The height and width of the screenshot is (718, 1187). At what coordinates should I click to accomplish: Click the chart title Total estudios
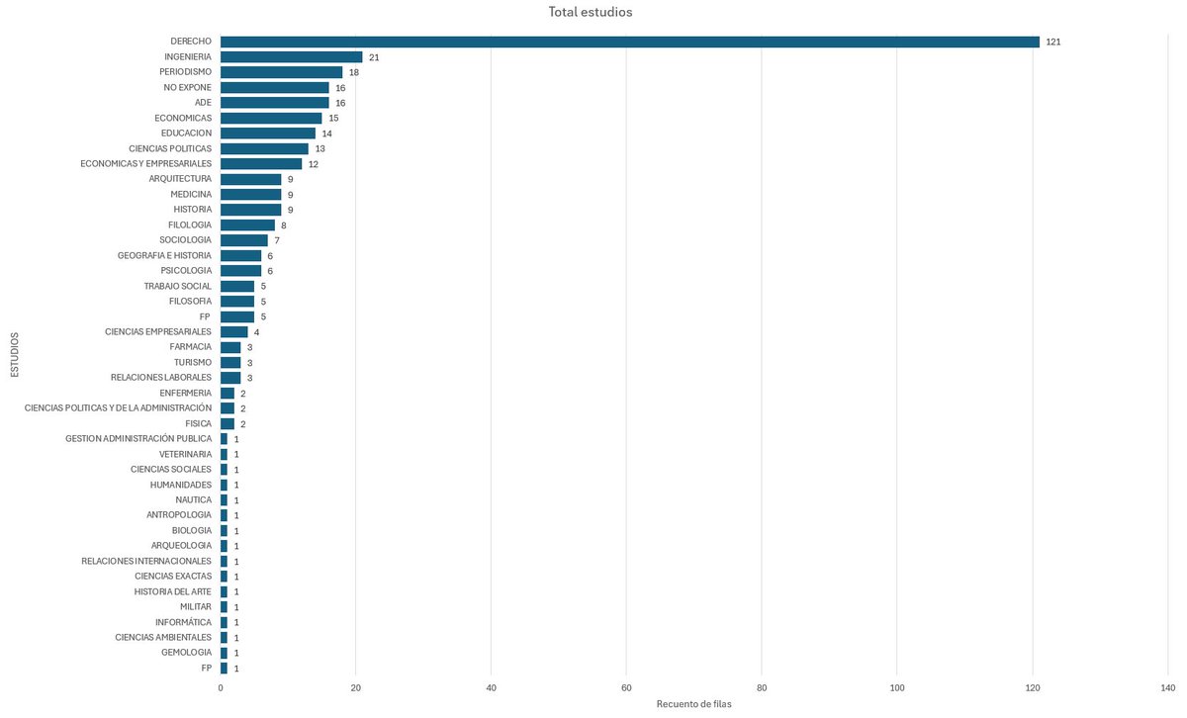pyautogui.click(x=591, y=12)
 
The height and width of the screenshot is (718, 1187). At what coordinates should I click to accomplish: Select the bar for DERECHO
pyautogui.click(x=629, y=42)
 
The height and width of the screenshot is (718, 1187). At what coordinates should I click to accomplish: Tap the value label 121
pyautogui.click(x=1052, y=42)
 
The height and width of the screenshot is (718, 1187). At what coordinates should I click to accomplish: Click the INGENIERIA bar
pyautogui.click(x=291, y=57)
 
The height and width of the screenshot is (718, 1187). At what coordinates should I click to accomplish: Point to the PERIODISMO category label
pyautogui.click(x=185, y=72)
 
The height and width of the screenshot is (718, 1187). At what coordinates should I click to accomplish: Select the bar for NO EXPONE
pyautogui.click(x=274, y=88)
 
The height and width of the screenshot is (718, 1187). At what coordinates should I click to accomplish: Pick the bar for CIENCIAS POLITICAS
pyautogui.click(x=264, y=148)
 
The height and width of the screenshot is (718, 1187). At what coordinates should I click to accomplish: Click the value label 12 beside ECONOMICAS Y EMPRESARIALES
pyautogui.click(x=314, y=164)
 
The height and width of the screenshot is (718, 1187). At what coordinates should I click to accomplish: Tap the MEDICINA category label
pyautogui.click(x=191, y=195)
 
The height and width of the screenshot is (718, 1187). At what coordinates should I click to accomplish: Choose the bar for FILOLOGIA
pyautogui.click(x=247, y=225)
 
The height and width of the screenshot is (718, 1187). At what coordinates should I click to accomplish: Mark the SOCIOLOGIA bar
pyautogui.click(x=243, y=240)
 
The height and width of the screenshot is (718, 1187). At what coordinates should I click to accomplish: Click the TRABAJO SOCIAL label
pyautogui.click(x=177, y=286)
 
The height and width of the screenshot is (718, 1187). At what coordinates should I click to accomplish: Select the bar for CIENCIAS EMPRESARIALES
pyautogui.click(x=233, y=332)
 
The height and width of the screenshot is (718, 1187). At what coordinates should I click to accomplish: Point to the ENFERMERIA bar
pyautogui.click(x=227, y=393)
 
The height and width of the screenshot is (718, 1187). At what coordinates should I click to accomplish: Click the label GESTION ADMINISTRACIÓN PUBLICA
pyautogui.click(x=138, y=438)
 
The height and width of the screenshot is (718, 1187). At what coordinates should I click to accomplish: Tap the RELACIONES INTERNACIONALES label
pyautogui.click(x=146, y=561)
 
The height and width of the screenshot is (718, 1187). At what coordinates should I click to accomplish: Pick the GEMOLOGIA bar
pyautogui.click(x=224, y=653)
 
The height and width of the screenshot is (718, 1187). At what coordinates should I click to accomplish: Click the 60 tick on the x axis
pyautogui.click(x=626, y=686)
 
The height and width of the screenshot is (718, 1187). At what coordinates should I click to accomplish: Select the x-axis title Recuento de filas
pyautogui.click(x=693, y=703)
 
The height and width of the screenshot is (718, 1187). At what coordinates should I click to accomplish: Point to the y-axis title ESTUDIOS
pyautogui.click(x=14, y=355)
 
